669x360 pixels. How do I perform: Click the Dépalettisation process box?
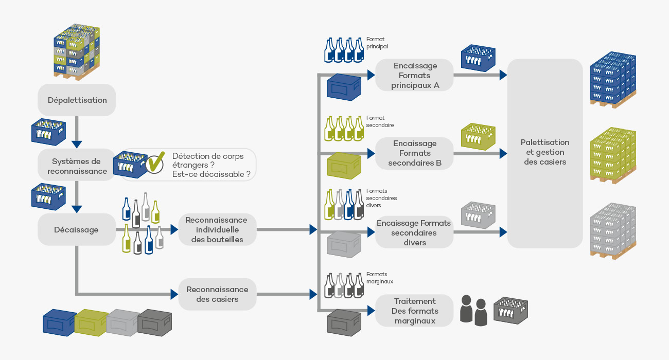[x=77, y=100]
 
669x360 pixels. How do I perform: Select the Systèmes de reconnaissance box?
[x=77, y=166]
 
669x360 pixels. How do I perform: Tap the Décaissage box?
[x=77, y=229]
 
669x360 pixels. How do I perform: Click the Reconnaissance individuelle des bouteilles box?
[x=217, y=229]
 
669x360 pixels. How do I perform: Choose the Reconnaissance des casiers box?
[x=217, y=294]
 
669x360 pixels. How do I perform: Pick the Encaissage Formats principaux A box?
[x=414, y=76]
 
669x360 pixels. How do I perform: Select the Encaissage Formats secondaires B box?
[x=414, y=153]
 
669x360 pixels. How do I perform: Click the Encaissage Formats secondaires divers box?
[x=414, y=232]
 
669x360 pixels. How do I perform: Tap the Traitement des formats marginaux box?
[x=414, y=311]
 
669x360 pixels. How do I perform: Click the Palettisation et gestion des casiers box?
[x=544, y=152]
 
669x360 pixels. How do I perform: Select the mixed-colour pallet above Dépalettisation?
[x=77, y=51]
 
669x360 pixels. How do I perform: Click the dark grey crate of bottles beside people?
[x=510, y=310]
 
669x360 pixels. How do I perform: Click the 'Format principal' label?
[x=377, y=43]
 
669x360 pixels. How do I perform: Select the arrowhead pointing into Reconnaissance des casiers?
[x=174, y=295]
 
